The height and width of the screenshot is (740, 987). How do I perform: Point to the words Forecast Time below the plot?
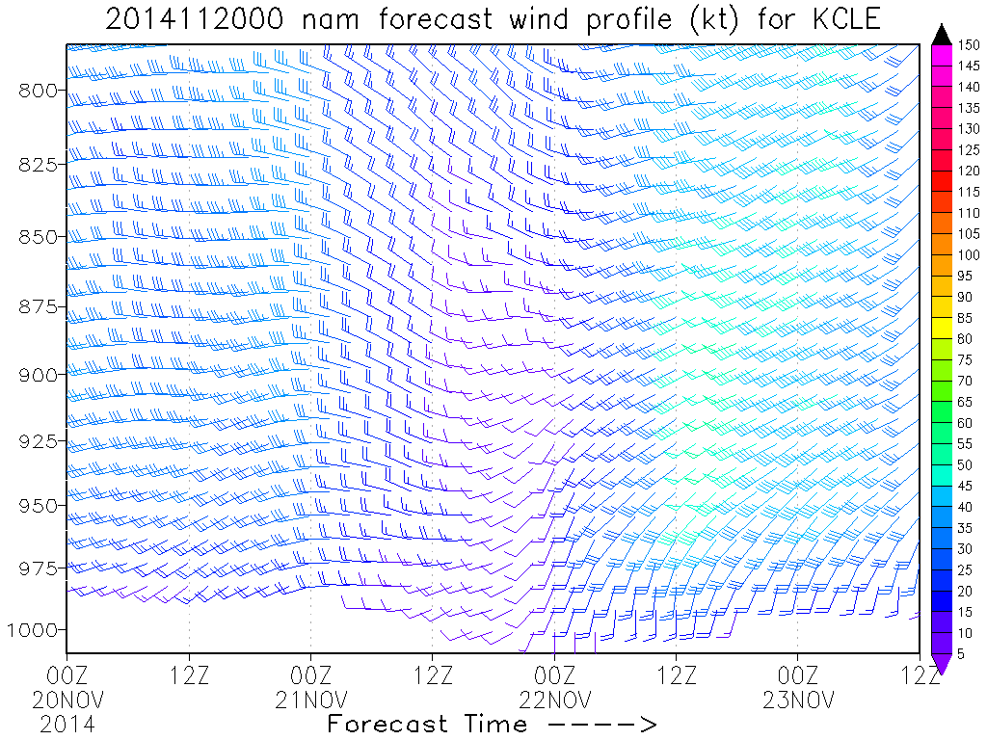point(427,723)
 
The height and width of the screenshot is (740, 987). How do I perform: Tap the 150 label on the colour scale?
point(969,45)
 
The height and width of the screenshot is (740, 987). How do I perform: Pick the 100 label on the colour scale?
point(969,255)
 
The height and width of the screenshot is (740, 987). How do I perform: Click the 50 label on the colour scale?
point(965,464)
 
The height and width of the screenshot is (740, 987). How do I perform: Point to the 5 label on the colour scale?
point(961,653)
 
